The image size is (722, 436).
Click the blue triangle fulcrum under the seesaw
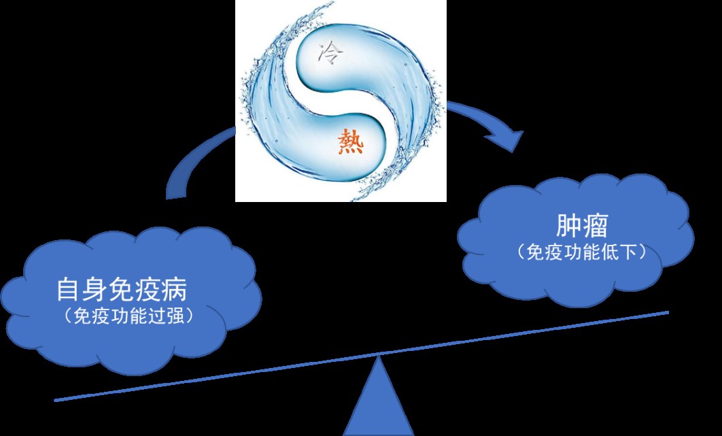pyautogui.click(x=379, y=405)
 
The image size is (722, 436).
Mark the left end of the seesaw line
pyautogui.click(x=56, y=400)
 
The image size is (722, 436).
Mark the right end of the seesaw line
pyautogui.click(x=668, y=312)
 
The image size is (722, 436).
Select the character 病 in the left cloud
pyautogui.click(x=175, y=291)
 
